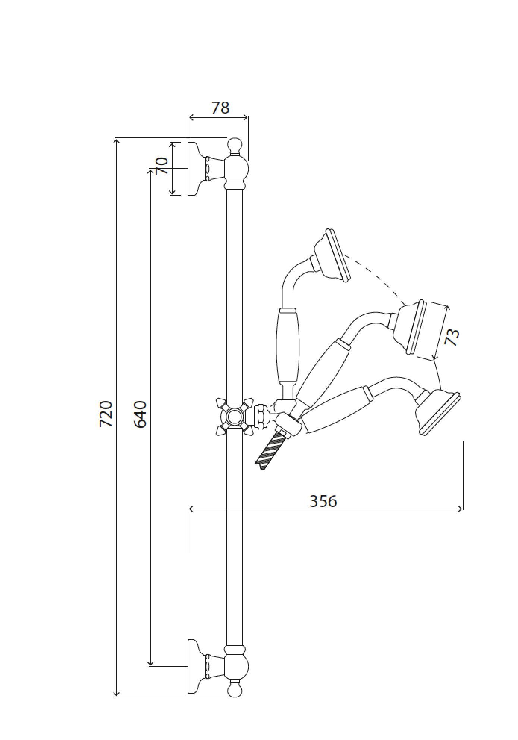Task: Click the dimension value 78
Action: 220,108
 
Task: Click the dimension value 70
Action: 162,166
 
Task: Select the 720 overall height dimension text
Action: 106,414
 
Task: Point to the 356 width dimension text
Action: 323,501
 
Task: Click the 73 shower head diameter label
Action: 452,337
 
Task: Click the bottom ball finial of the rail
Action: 235,690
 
